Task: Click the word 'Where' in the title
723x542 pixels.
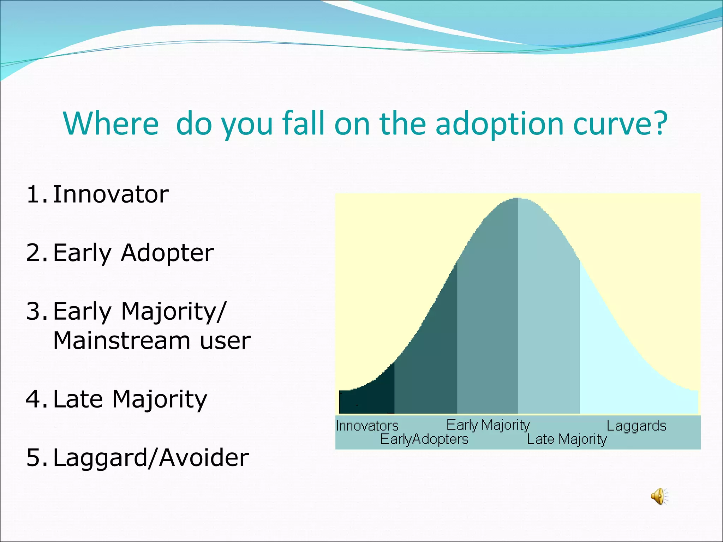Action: click(x=111, y=124)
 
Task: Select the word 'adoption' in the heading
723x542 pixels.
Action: click(x=500, y=124)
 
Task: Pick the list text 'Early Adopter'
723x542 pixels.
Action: click(x=133, y=253)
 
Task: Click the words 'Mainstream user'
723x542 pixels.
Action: click(x=152, y=341)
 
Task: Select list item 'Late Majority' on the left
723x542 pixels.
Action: click(x=130, y=399)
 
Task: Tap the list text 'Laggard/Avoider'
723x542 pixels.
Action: click(x=151, y=458)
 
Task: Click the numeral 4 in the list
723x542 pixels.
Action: click(x=34, y=399)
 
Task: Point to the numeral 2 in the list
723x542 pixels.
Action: click(x=34, y=253)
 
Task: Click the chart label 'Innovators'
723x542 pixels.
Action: click(x=367, y=426)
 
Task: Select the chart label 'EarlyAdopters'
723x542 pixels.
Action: click(x=424, y=440)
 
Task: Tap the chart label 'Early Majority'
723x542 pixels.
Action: click(x=488, y=425)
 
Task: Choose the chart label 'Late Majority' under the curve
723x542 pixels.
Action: click(x=567, y=440)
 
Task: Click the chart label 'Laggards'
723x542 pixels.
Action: click(x=636, y=426)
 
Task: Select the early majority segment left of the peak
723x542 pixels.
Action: click(x=487, y=318)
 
